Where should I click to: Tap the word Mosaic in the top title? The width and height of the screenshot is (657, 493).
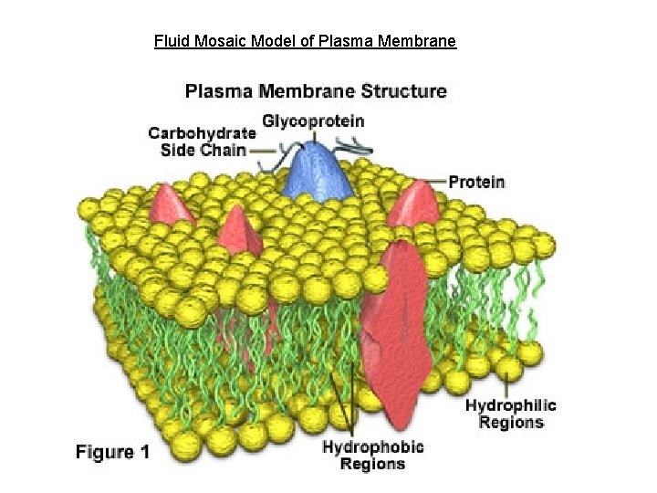tap(214, 41)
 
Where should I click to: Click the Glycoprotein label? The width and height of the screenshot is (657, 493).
tap(313, 121)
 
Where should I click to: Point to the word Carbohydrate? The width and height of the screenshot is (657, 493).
tap(202, 133)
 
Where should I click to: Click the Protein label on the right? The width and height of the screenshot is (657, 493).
tap(476, 182)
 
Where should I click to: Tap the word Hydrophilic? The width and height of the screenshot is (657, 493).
tap(510, 405)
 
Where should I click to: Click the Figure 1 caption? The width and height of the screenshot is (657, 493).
tap(112, 452)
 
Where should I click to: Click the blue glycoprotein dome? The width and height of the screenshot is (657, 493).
tap(317, 169)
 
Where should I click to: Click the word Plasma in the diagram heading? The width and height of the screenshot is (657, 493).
tap(218, 91)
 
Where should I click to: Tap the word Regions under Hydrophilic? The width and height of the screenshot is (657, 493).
tap(510, 422)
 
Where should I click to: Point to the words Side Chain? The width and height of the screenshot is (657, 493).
tap(203, 150)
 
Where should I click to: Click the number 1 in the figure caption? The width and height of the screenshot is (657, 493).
tap(142, 452)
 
